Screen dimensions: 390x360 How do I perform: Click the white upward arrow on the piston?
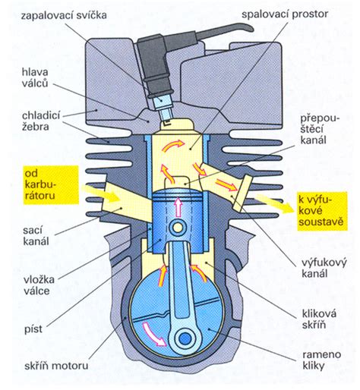pos(180,205)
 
